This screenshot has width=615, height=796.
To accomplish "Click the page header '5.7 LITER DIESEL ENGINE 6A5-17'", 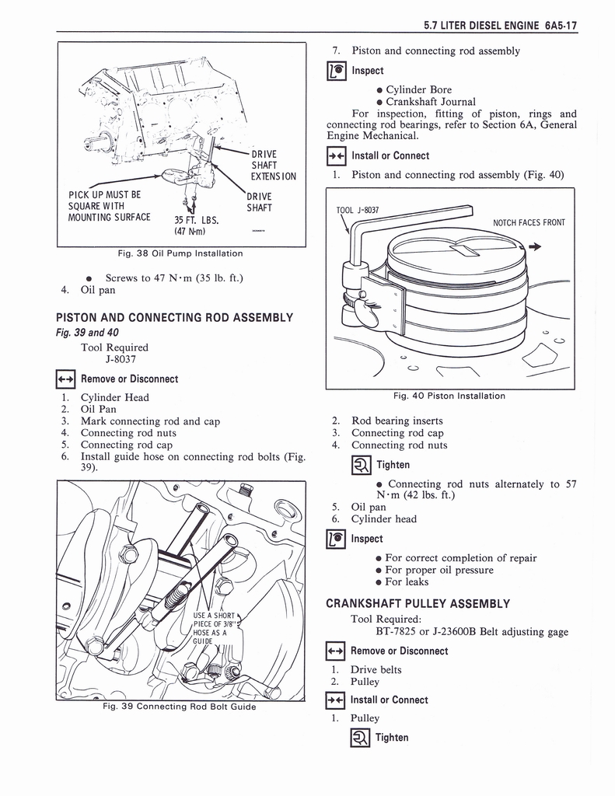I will click(501, 25).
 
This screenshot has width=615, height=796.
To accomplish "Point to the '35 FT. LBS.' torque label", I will click(196, 218).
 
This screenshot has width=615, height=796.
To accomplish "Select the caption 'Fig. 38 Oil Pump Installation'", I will click(180, 253).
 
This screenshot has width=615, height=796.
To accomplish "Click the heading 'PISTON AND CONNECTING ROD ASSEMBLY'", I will click(174, 317).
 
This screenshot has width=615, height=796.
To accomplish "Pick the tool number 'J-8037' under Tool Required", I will click(121, 359).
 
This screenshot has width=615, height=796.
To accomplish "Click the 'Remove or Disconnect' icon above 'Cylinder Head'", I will click(68, 379).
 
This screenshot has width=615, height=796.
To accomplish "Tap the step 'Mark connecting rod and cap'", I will click(150, 421).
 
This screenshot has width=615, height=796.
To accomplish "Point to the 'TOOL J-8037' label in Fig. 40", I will click(358, 210).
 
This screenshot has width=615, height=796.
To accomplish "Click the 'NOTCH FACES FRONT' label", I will click(529, 223).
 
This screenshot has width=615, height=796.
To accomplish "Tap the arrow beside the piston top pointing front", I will click(535, 247).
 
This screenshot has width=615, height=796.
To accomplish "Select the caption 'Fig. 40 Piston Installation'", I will click(449, 396).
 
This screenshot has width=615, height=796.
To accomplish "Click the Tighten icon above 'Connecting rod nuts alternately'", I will click(338, 465).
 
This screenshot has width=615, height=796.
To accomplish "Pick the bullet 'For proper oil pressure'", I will click(439, 570).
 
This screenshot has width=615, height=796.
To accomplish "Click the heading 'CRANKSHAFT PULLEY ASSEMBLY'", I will click(418, 603).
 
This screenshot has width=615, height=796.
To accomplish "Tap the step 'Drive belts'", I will click(376, 669).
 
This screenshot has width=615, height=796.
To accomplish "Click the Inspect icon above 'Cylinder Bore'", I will click(338, 71).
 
